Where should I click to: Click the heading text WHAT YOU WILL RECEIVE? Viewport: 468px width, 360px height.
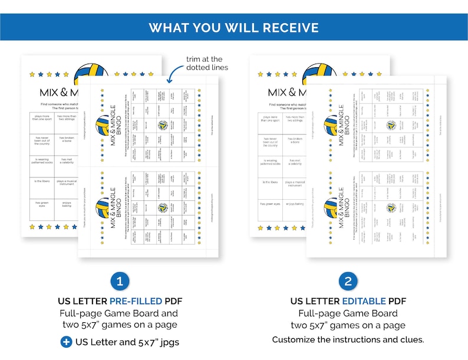point(233,28)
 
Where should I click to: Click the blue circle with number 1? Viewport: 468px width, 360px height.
point(119,281)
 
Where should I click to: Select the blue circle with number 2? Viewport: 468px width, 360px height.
point(348,281)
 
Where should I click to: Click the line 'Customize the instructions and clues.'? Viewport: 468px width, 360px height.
point(348,340)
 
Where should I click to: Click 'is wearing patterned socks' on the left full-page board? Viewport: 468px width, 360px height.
point(42,161)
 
